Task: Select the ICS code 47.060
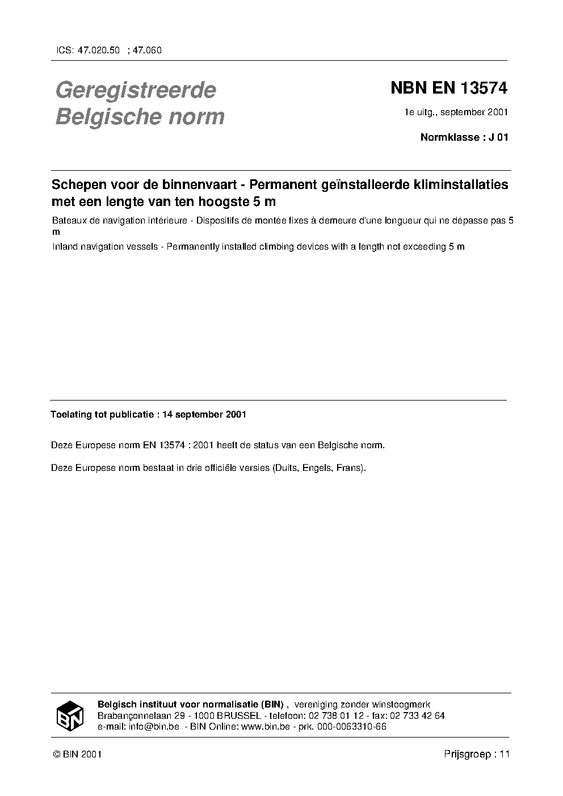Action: tap(147, 50)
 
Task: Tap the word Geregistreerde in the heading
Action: tap(136, 90)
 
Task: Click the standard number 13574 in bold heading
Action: tap(483, 89)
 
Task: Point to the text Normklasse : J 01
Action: tap(464, 137)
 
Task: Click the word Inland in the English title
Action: tap(63, 247)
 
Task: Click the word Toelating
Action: tap(70, 415)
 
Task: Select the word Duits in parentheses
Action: tap(287, 469)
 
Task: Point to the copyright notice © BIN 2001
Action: tap(77, 755)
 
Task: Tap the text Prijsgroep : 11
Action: tap(477, 755)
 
